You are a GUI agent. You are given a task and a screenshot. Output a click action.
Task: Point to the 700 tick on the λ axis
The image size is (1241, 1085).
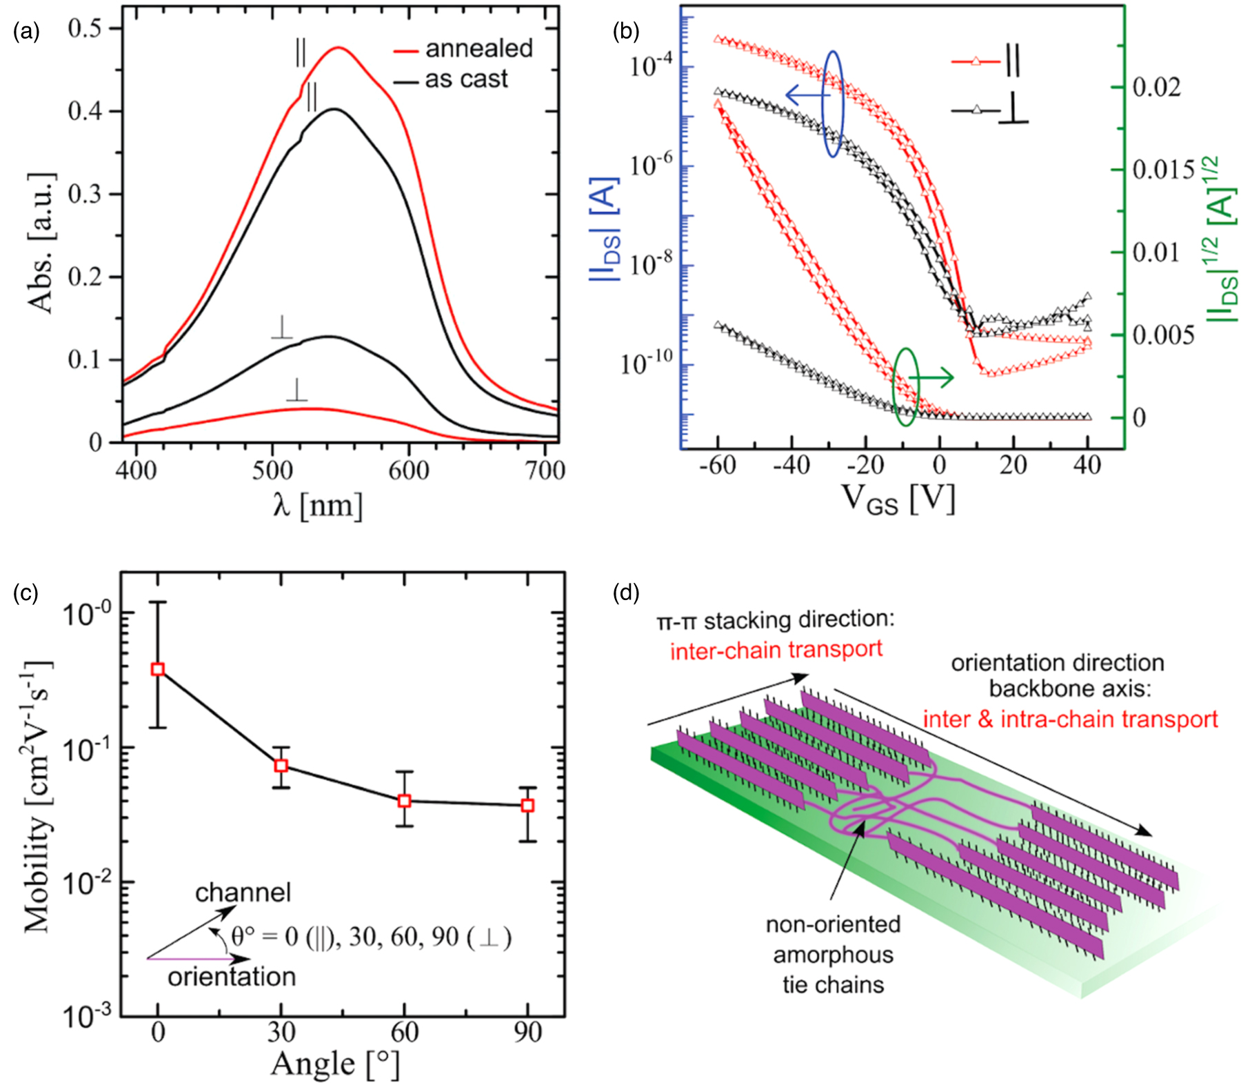[x=545, y=470]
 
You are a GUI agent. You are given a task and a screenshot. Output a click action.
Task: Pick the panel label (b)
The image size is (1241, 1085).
[x=626, y=32]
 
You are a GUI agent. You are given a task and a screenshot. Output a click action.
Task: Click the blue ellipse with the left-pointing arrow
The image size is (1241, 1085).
[x=834, y=103]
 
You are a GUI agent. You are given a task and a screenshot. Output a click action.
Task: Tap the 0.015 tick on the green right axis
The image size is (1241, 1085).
[x=1163, y=170]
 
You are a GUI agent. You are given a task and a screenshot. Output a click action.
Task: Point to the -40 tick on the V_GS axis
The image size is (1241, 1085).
[x=791, y=466]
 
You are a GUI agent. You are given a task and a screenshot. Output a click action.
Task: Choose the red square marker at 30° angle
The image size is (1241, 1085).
[x=281, y=766]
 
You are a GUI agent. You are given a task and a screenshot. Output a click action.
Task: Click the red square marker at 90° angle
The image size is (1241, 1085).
[x=527, y=805]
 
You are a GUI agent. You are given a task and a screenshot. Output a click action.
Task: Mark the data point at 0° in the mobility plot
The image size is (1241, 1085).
[x=158, y=669]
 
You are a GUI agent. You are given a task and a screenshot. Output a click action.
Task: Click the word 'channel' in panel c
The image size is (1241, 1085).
[x=243, y=893]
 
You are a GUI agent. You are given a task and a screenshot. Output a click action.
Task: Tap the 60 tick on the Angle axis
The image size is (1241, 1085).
[x=405, y=1033]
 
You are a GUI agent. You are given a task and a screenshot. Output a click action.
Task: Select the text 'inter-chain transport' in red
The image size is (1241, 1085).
[x=776, y=650]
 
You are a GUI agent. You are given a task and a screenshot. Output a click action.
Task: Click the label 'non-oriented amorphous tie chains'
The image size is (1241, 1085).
[x=833, y=954]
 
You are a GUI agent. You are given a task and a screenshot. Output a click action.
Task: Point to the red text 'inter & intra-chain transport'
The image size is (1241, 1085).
[x=1070, y=719]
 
